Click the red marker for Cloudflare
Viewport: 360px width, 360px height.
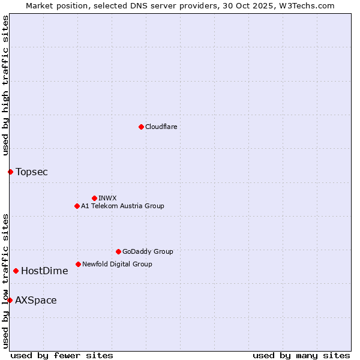141,127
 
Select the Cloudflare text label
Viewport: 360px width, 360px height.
161,127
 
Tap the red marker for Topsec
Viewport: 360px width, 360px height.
10,172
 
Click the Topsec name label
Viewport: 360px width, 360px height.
32,172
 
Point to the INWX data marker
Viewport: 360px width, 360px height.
94,198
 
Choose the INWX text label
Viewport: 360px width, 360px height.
107,198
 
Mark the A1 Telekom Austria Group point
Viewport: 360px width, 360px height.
77,206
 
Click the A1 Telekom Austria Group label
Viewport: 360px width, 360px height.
122,206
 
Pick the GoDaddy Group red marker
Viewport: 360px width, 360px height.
118,251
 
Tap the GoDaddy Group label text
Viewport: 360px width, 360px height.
148,251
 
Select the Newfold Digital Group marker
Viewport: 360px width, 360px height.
78,264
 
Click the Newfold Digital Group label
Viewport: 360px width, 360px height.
117,264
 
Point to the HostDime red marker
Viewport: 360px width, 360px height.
16,271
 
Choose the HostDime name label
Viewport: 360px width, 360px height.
44,271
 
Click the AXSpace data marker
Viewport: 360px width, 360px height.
10,300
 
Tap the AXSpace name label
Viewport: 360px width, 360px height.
36,301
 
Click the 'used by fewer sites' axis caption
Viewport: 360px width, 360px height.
62,355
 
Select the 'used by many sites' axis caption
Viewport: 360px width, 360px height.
301,355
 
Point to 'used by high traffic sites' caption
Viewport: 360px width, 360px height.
5,86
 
